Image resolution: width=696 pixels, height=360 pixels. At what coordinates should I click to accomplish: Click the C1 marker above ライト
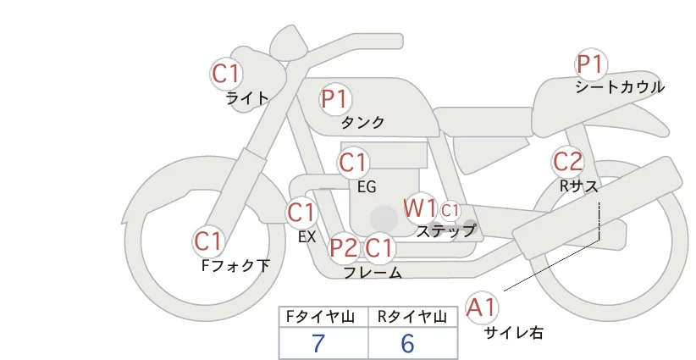227,73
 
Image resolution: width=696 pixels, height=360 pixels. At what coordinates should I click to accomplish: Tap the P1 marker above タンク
335,98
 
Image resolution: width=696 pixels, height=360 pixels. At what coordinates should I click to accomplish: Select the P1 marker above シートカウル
590,64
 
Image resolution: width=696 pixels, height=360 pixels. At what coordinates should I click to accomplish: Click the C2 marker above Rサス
567,161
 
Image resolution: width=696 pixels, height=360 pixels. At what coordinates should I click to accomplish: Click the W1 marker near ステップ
419,208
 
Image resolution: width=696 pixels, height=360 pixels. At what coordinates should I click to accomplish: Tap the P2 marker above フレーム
344,248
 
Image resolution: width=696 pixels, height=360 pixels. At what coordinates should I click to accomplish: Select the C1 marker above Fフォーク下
208,241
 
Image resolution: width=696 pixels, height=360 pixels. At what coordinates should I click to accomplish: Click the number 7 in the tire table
318,344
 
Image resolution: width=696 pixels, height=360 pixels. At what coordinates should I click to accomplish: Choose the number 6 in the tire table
407,344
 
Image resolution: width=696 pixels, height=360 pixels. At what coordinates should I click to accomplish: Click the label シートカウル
620,87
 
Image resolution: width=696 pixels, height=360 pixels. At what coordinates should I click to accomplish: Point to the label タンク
362,123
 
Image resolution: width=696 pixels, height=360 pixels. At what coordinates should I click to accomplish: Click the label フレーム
373,272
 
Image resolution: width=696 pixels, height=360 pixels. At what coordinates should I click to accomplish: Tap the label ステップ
445,230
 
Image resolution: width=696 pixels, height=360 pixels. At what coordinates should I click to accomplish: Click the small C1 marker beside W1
449,209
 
